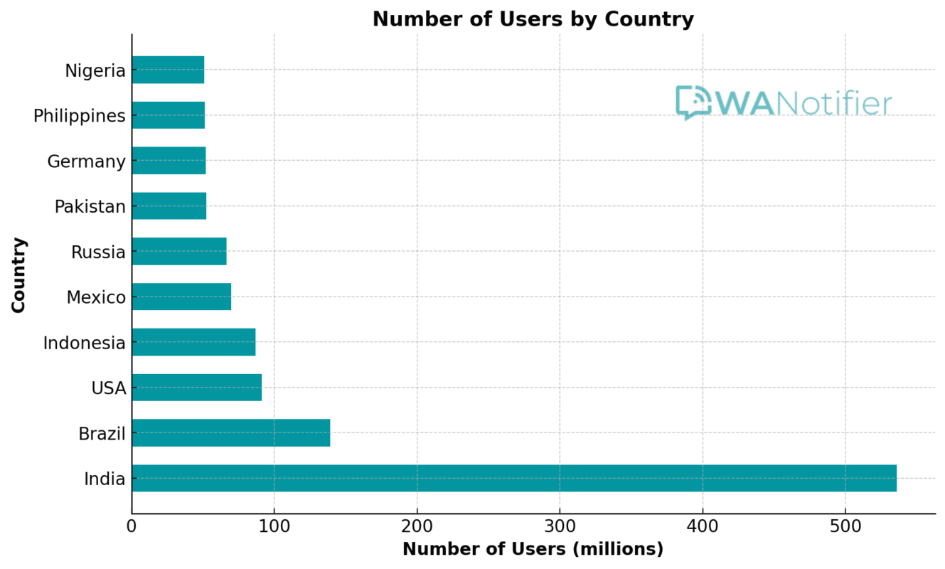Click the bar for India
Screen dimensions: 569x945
(513, 478)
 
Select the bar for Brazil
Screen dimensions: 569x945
(230, 432)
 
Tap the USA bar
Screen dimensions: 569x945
(196, 388)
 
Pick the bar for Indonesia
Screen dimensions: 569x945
(193, 342)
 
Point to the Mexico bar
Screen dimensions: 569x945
(181, 297)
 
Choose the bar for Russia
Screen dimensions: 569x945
(179, 251)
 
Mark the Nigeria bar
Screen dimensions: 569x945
(168, 70)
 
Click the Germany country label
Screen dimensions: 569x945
(86, 161)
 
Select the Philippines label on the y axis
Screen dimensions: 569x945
(79, 116)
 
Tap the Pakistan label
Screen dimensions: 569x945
(90, 207)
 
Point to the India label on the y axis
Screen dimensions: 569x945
(105, 479)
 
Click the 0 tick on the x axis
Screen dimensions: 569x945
(132, 527)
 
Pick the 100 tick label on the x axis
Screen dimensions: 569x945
(274, 527)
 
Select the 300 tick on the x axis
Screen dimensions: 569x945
(560, 527)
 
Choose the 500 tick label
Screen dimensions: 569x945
(845, 527)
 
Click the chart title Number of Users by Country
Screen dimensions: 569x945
(533, 19)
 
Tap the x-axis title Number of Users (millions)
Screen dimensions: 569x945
(533, 550)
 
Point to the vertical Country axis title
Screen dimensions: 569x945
(19, 275)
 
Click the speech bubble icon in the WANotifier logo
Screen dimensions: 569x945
(693, 102)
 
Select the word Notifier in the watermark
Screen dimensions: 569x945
(833, 104)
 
